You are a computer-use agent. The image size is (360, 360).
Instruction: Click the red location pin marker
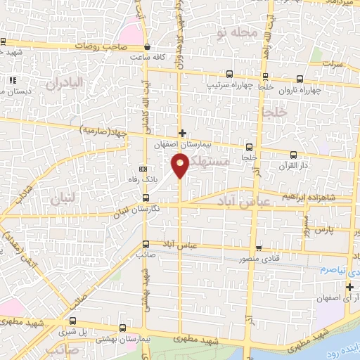pos(180,165)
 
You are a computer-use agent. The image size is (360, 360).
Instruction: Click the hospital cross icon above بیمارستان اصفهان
pos(181,132)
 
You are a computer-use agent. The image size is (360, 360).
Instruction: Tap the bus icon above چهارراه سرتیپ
pos(230,74)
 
